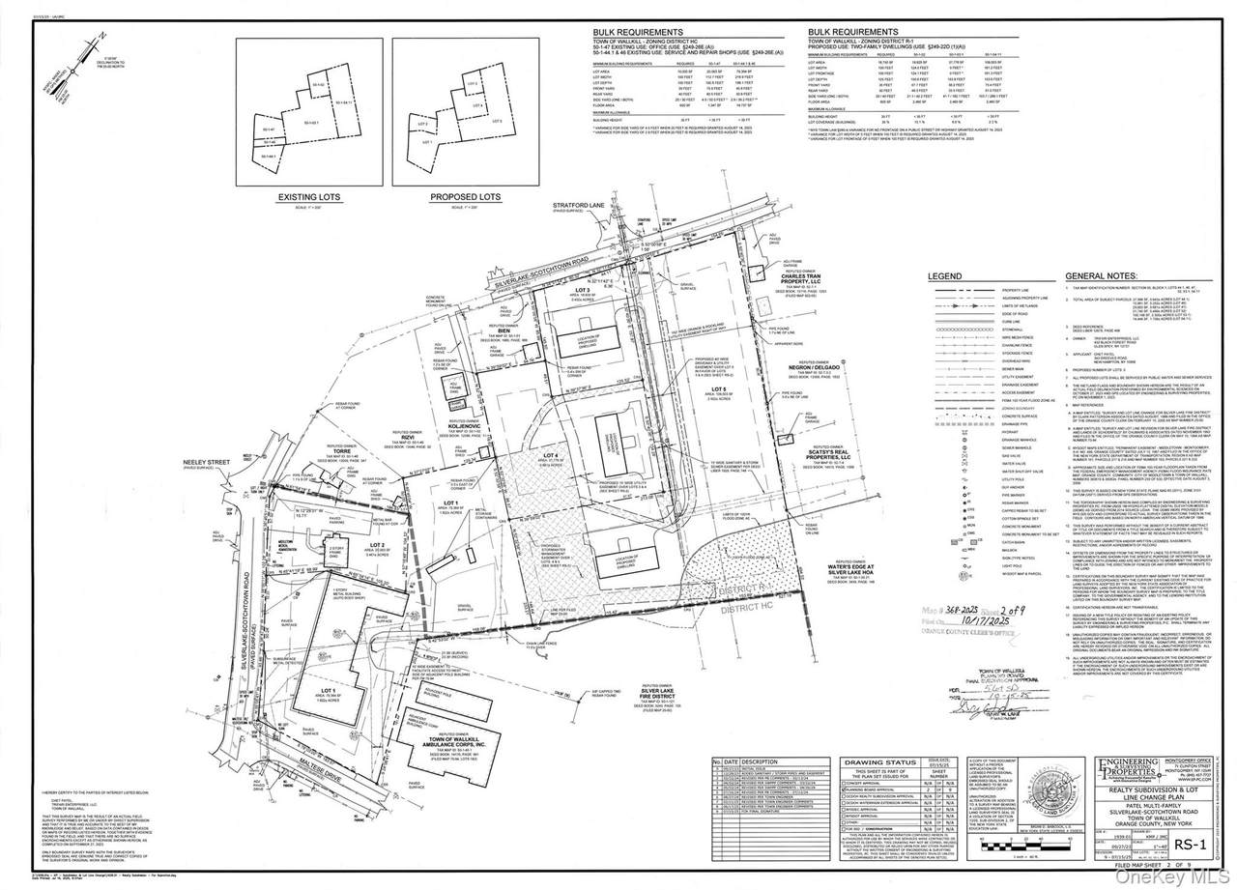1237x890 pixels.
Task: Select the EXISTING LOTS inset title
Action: click(305, 197)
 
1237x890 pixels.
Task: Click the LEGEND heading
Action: click(944, 275)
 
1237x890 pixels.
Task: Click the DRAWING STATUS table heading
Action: click(876, 761)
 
